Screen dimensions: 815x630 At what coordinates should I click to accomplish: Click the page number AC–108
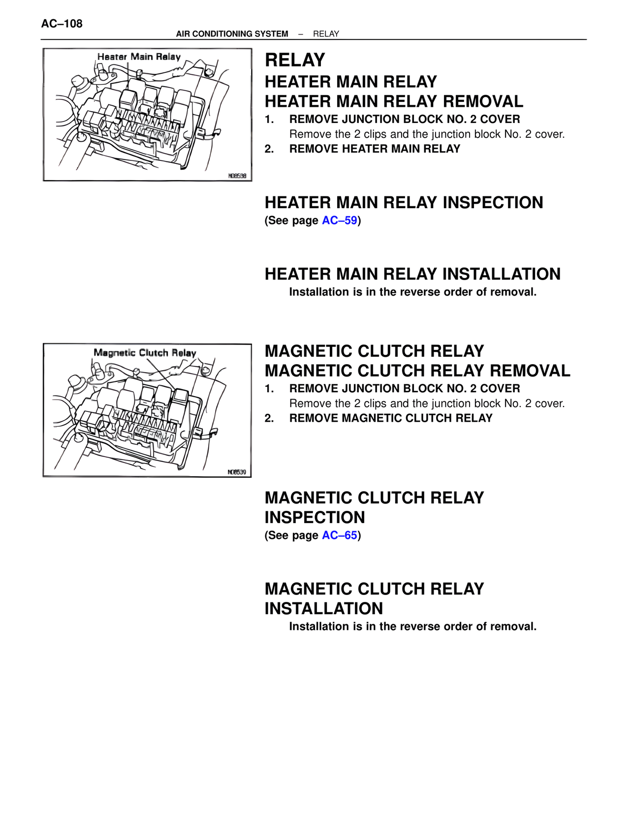62,24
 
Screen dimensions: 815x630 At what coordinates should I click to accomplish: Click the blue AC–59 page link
340,220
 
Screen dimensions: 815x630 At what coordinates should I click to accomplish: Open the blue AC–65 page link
340,535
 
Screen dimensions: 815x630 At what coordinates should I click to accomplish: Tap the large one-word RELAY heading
295,60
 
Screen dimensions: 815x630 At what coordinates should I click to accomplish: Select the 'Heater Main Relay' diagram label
139,57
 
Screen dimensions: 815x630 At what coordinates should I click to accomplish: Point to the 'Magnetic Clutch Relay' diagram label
145,353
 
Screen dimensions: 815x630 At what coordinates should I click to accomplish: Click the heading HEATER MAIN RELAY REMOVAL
394,101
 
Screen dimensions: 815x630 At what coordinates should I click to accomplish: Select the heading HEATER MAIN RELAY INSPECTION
404,203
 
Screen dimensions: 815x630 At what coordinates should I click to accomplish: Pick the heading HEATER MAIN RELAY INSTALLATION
412,274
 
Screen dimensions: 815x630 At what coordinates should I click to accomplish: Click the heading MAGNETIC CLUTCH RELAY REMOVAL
417,371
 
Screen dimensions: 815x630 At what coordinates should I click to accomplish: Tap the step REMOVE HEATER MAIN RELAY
375,149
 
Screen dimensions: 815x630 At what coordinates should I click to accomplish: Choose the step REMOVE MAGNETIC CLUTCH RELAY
391,418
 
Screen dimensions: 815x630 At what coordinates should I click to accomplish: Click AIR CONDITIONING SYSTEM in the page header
232,34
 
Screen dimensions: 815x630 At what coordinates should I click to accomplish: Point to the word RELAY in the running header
326,34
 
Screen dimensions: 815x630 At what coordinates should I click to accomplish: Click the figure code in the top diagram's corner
237,176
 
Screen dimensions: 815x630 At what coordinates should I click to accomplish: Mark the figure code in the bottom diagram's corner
237,472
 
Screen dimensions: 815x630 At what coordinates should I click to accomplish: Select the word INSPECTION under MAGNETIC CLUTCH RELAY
315,518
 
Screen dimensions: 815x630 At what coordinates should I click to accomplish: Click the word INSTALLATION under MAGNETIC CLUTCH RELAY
323,609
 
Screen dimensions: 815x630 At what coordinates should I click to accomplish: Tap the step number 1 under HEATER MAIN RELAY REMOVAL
269,120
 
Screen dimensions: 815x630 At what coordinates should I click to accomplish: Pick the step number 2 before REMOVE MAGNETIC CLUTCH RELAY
269,418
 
